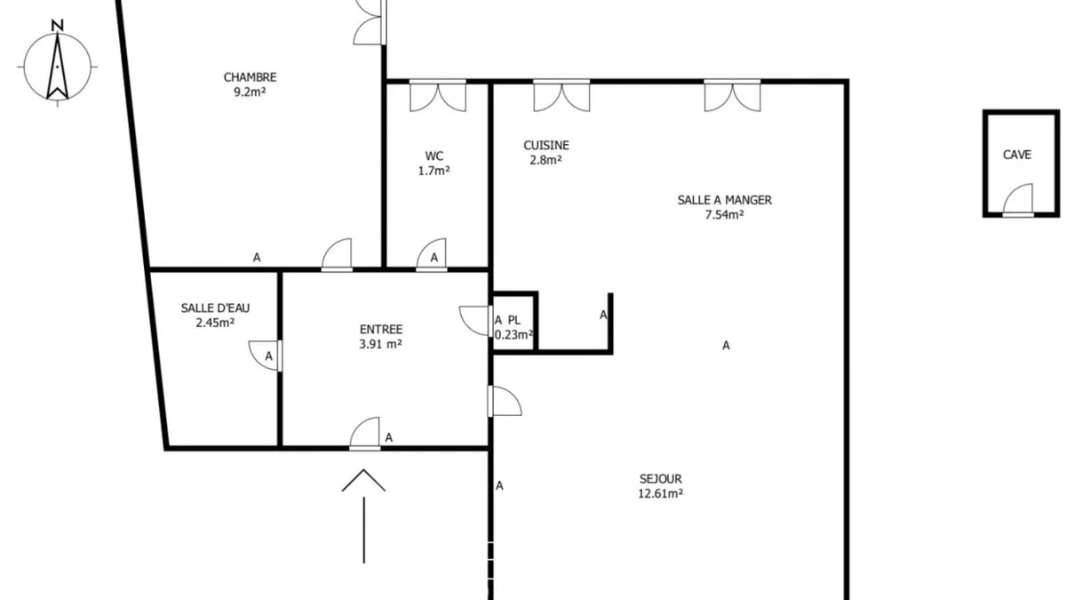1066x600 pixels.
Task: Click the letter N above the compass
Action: pos(58,25)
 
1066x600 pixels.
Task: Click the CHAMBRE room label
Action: pos(250,77)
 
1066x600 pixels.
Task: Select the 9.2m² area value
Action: pos(250,92)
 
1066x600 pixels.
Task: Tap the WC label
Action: pos(434,156)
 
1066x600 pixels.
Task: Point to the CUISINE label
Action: pos(546,145)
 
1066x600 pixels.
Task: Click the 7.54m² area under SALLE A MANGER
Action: pos(724,215)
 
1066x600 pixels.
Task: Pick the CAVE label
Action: pos(1017,155)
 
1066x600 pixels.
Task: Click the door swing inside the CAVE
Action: pos(1018,200)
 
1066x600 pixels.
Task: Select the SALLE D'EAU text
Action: pos(215,308)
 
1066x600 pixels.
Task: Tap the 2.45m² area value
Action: pos(215,323)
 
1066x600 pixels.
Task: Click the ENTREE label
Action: pos(381,330)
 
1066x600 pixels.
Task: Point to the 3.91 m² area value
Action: pos(381,344)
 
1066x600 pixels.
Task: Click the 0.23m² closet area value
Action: pos(514,335)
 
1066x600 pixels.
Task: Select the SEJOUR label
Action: pos(661,478)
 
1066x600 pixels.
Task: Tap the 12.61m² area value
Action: pos(661,493)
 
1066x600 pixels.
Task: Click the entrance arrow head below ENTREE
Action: pos(363,480)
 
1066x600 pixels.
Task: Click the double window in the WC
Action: pos(438,96)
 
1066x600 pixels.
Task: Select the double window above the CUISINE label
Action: pos(561,96)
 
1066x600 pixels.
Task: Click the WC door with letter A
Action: pos(432,255)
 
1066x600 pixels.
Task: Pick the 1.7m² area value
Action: pos(434,171)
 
